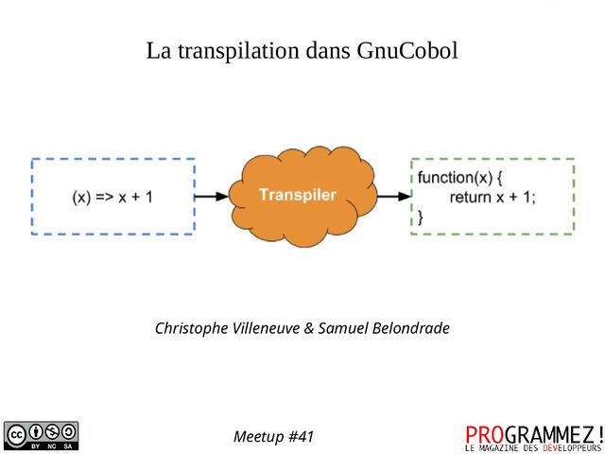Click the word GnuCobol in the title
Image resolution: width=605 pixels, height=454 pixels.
[x=407, y=50]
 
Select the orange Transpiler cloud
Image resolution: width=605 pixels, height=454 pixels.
[x=297, y=196]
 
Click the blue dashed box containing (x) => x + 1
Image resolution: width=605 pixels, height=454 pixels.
[x=112, y=196]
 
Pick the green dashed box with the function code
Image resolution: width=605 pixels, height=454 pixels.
[x=493, y=196]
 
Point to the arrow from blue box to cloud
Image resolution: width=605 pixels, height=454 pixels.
[x=212, y=197]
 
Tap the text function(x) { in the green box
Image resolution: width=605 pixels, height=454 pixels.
[x=460, y=178]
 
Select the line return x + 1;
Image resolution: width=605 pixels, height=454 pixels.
[x=493, y=197]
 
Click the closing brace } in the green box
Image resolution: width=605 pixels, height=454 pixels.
[x=421, y=217]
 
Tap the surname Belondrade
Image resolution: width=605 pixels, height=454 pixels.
[x=411, y=328]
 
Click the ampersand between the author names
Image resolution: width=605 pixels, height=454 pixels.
[x=309, y=328]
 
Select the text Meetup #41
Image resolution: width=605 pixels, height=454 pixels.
[x=273, y=437]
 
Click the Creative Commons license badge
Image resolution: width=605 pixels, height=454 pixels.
[x=42, y=434]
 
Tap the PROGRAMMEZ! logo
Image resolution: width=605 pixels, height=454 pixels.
[x=533, y=433]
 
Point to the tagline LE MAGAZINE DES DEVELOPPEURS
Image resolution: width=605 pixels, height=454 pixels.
[x=533, y=447]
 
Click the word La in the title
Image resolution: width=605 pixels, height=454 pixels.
[x=157, y=50]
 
